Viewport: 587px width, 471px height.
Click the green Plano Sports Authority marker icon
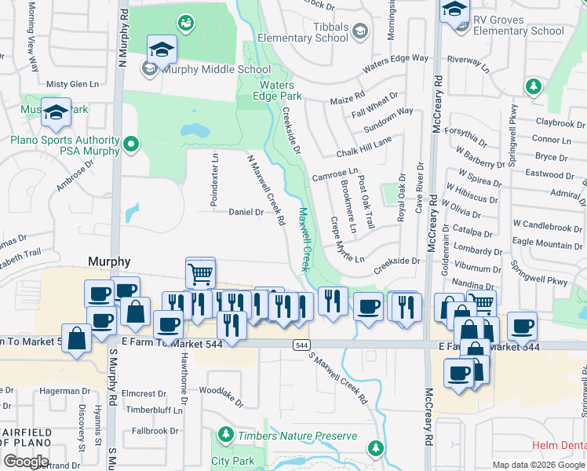click(x=131, y=144)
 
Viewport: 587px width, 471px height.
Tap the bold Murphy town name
click(x=109, y=261)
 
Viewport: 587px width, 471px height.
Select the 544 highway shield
click(x=302, y=345)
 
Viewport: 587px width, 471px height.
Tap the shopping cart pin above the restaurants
click(x=200, y=273)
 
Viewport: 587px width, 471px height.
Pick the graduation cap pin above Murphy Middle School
click(x=162, y=49)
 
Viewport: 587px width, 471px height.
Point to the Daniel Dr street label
click(x=245, y=212)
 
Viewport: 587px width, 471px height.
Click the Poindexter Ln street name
click(x=213, y=180)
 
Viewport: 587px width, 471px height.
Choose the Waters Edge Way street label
click(x=396, y=59)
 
